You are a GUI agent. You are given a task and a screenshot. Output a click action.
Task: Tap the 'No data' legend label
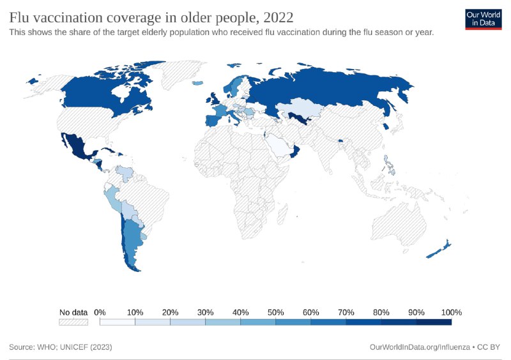(73, 312)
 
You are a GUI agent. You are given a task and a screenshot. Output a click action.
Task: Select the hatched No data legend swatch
(73, 322)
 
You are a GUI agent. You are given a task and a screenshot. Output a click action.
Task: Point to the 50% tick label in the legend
(275, 312)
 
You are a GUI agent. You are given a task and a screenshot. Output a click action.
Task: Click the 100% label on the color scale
(451, 312)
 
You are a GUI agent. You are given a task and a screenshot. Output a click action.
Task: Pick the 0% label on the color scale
(100, 312)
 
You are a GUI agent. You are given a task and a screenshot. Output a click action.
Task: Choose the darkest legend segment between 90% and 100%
(434, 322)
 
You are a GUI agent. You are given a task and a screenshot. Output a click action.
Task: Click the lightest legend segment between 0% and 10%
(118, 322)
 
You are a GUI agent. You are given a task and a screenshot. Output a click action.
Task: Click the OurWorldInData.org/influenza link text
(418, 347)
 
